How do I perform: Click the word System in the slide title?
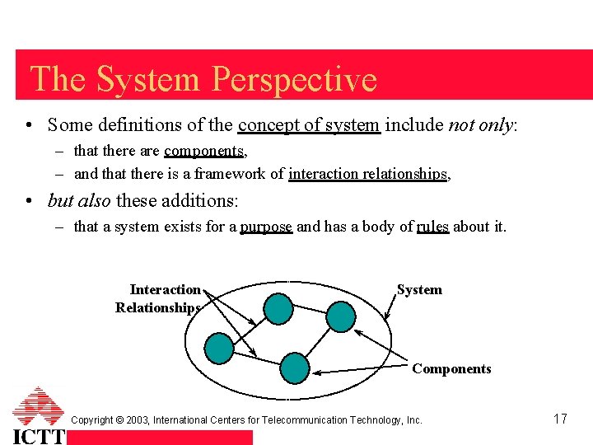tap(148, 80)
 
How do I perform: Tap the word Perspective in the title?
tap(294, 80)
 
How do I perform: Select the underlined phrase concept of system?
tap(309, 125)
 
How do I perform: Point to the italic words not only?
tap(480, 125)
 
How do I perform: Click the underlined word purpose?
tap(266, 227)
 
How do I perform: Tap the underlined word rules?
tap(432, 227)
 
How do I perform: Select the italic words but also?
tap(80, 200)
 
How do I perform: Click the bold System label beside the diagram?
tap(419, 290)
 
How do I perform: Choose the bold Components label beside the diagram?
tap(451, 369)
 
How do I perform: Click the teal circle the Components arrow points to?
tap(295, 368)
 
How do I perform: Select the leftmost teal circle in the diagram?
tap(219, 348)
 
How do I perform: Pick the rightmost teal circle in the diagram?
tap(341, 316)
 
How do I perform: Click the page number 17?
tap(560, 419)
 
